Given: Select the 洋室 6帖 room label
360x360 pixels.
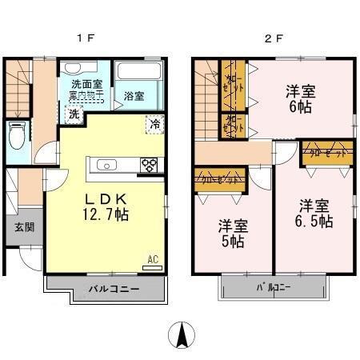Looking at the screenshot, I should click(302, 100).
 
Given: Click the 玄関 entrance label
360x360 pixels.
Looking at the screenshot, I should click(24, 226).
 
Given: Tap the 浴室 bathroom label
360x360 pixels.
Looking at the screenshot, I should click(134, 96).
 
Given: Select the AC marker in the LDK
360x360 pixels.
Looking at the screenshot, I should click(152, 258).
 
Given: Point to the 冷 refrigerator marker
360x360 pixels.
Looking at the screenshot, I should click(153, 124).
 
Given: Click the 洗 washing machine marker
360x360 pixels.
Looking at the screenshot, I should click(73, 114).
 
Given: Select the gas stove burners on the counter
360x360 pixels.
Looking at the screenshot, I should click(149, 166).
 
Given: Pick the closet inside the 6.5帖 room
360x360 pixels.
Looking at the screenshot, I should click(326, 152).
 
